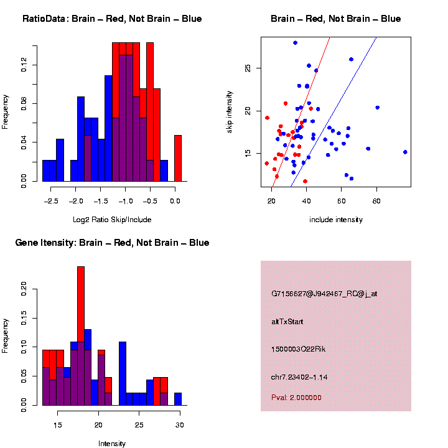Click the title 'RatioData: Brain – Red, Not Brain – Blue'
112,19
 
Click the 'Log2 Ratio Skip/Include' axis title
111,220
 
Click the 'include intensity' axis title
336,220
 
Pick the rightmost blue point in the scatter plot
405,152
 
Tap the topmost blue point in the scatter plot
295,43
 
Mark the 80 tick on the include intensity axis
376,201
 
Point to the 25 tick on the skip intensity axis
248,68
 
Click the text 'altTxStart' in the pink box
287,322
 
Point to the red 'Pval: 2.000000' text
296,398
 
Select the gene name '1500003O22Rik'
298,349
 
